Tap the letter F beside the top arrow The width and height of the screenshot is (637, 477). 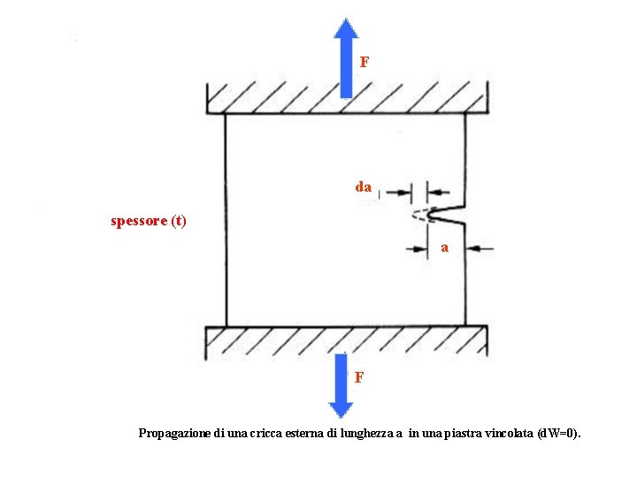point(364,63)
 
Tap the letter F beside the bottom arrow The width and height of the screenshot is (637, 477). point(358,378)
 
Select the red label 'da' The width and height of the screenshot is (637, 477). point(363,187)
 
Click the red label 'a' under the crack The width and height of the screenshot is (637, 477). point(444,248)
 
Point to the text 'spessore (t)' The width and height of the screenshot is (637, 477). point(148,221)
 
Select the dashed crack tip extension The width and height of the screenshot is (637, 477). point(421,215)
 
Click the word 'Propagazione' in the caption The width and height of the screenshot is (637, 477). point(175,434)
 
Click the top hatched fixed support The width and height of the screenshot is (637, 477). point(346,97)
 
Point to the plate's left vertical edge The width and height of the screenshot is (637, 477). point(226,221)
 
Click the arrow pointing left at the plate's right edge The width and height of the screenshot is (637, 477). point(479,248)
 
